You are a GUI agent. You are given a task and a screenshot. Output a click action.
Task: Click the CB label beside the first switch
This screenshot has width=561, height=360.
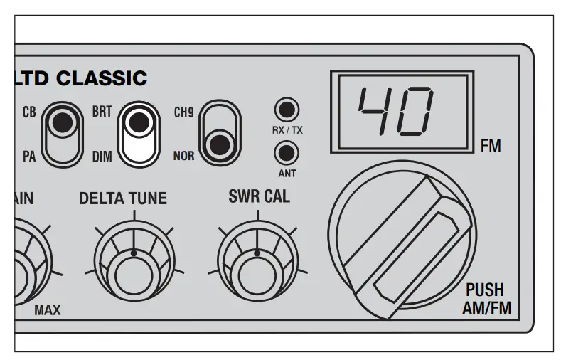(x=29, y=112)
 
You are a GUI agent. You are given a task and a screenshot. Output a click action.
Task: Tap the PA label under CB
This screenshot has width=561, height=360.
(x=29, y=156)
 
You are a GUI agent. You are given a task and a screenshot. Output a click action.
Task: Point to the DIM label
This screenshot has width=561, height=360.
(x=102, y=156)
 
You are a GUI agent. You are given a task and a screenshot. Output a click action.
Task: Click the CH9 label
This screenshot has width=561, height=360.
(x=183, y=112)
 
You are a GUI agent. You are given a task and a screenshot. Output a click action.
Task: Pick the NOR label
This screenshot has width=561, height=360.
(x=183, y=156)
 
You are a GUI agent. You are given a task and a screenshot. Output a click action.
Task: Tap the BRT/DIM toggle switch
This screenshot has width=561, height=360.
(x=139, y=133)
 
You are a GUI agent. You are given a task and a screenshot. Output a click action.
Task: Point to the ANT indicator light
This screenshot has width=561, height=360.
(x=287, y=152)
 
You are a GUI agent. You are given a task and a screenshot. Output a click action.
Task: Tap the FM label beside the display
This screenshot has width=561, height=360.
(x=491, y=147)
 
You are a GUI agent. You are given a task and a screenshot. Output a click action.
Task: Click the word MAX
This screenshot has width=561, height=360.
(x=48, y=310)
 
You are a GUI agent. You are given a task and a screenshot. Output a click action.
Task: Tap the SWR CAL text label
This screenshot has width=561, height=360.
(x=259, y=196)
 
